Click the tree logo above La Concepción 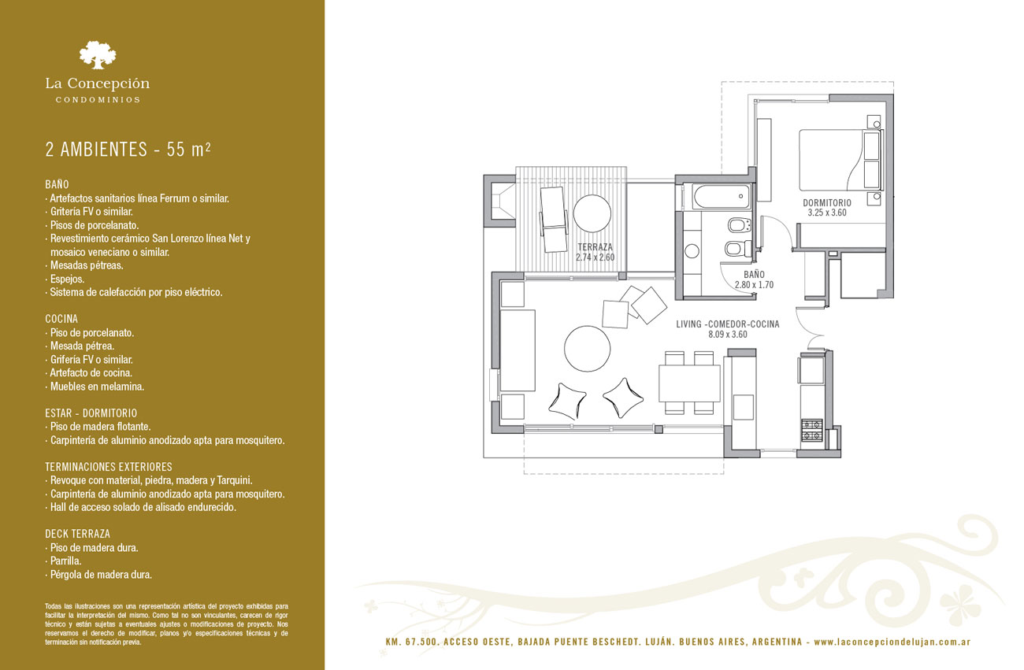click(98, 55)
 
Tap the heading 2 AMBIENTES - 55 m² click(128, 150)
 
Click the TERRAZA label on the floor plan click(595, 247)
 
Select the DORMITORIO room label click(827, 202)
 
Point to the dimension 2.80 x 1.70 click(754, 285)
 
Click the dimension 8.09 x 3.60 click(727, 334)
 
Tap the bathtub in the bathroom click(722, 197)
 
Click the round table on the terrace click(592, 214)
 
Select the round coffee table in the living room click(587, 349)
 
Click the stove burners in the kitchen click(811, 430)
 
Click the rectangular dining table click(689, 383)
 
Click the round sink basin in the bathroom click(692, 251)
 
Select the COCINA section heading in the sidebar click(61, 319)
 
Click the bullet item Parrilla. click(65, 561)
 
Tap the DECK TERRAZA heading click(77, 534)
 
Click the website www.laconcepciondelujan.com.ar click(892, 642)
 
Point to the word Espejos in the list click(67, 279)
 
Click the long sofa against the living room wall click(518, 350)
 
